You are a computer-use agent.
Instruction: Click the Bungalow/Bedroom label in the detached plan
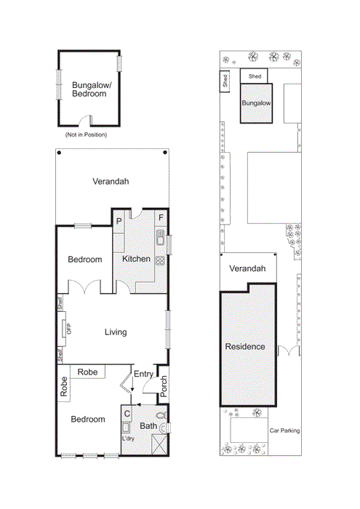(89, 89)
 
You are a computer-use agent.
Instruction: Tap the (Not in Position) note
(86, 135)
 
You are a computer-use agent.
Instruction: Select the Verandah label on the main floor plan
(111, 182)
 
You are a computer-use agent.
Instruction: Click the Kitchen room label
(136, 259)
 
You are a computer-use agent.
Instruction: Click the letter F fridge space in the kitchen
(161, 218)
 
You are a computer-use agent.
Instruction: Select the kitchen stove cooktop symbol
(161, 260)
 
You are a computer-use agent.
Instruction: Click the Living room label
(115, 332)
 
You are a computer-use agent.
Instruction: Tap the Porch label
(164, 386)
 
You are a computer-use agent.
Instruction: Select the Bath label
(148, 426)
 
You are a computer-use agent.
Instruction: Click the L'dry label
(128, 439)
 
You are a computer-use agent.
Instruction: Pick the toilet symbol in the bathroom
(162, 415)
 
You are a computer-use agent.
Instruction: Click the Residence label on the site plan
(244, 347)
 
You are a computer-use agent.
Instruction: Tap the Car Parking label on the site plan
(284, 431)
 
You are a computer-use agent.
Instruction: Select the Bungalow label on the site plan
(256, 104)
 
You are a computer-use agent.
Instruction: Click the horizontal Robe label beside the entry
(88, 372)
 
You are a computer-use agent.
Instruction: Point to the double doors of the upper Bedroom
(85, 289)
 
